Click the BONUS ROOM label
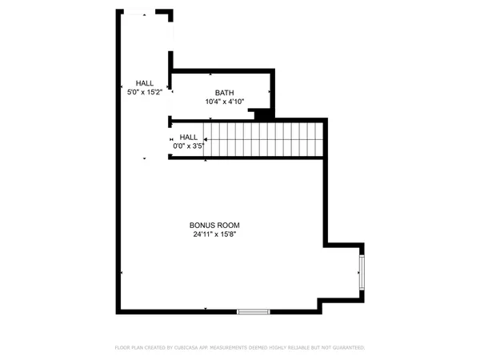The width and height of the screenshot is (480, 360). (214, 226)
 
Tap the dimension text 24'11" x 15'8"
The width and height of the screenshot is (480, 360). (214, 234)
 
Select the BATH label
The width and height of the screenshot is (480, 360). (225, 94)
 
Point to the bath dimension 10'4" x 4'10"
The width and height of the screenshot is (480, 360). (225, 102)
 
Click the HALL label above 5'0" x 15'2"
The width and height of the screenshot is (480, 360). (144, 83)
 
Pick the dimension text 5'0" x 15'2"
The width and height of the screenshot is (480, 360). (144, 93)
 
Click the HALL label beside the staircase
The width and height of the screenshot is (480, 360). (188, 138)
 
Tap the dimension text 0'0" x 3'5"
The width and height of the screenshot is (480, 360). (188, 146)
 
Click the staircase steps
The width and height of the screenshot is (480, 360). (264, 139)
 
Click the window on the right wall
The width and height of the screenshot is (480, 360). (362, 271)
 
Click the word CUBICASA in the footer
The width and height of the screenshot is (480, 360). (201, 348)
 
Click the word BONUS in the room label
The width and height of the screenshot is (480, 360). (203, 226)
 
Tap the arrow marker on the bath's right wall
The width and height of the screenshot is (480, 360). (270, 93)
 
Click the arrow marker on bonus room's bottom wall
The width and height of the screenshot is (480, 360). (206, 309)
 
